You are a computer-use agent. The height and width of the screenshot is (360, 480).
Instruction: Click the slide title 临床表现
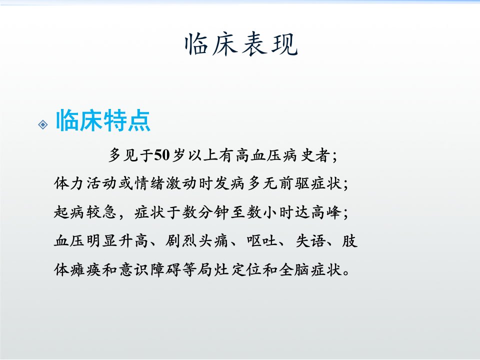tap(241, 44)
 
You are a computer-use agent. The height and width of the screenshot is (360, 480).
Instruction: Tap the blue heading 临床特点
tap(103, 120)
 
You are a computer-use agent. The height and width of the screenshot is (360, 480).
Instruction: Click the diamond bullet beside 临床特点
tap(43, 124)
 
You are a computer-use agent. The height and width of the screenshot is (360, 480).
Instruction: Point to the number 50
tap(161, 155)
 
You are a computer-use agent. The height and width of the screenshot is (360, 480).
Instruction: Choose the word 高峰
tap(326, 212)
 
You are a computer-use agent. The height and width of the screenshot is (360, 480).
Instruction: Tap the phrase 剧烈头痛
tap(197, 240)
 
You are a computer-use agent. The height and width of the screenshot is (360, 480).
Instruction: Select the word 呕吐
tap(262, 240)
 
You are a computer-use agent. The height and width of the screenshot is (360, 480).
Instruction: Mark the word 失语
tap(310, 240)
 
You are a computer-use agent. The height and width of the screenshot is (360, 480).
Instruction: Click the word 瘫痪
tap(85, 269)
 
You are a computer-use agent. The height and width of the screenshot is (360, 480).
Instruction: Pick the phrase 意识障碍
tap(149, 269)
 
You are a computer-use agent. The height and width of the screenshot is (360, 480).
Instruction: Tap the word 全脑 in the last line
tap(294, 269)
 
